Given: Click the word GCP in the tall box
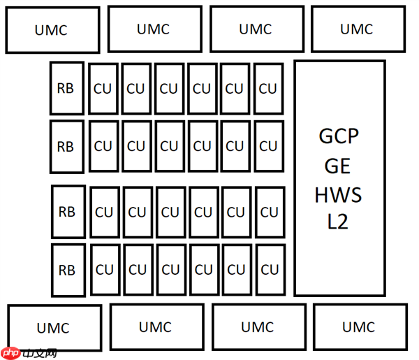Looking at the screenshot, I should [x=339, y=136].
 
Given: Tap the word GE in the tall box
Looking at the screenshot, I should [x=339, y=166].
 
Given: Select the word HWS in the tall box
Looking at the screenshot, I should [x=339, y=194].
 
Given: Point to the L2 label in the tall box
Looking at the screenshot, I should [x=339, y=222].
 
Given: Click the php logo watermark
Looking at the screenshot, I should [x=28, y=353].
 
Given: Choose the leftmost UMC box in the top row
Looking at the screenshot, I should [x=52, y=30].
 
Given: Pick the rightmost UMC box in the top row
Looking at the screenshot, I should [x=357, y=29].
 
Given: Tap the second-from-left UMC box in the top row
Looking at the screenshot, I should [x=154, y=29].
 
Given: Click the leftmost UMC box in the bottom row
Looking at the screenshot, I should [x=54, y=327].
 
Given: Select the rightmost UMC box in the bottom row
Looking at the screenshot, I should [x=359, y=326].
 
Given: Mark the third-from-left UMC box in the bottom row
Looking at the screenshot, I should [x=258, y=326].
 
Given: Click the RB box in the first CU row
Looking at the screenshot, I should [x=66, y=88].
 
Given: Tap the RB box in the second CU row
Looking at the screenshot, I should [x=66, y=147].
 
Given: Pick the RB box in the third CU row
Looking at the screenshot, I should [x=67, y=211].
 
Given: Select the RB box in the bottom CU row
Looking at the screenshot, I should [x=67, y=270].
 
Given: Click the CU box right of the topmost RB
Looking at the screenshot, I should [x=103, y=89].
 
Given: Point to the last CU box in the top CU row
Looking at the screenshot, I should [x=268, y=89].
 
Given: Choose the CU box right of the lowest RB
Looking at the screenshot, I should [x=104, y=270].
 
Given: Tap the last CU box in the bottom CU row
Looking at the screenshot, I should [x=270, y=270].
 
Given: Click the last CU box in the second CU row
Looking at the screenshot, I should [x=268, y=146].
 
